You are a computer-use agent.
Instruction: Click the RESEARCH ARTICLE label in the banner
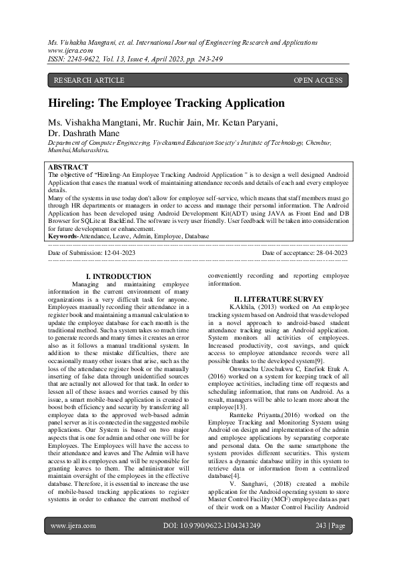click(89, 80)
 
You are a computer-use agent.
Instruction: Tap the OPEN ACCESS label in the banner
click(318, 80)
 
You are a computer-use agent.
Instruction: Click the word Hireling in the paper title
click(73, 103)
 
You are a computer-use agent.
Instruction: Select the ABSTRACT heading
click(68, 167)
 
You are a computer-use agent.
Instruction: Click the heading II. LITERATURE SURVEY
click(278, 298)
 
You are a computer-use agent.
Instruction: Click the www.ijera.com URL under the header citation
click(70, 50)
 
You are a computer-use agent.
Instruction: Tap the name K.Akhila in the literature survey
click(243, 305)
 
